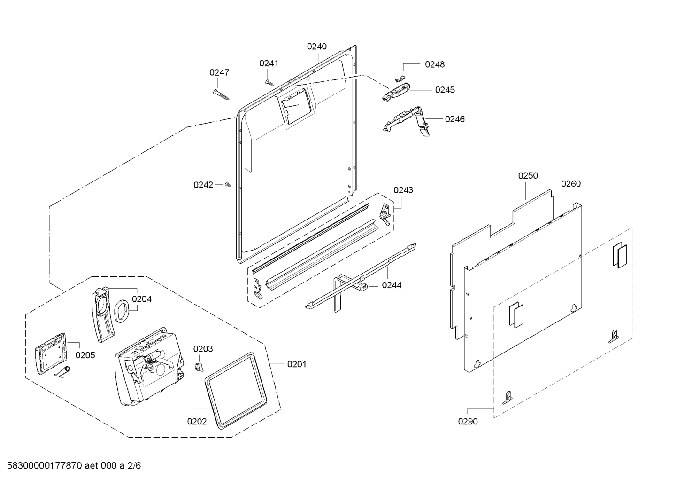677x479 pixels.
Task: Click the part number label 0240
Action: (x=317, y=46)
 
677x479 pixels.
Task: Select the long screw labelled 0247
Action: (x=222, y=94)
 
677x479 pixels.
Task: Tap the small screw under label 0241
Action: (x=269, y=82)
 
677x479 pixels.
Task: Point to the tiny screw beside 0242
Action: (x=228, y=185)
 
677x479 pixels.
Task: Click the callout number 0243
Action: (x=403, y=190)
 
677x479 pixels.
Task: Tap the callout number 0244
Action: (x=392, y=285)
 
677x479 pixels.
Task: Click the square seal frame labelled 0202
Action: (x=235, y=390)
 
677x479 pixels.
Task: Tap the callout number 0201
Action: (x=297, y=364)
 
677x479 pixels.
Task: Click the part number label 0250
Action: (x=528, y=175)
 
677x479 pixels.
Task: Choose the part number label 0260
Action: (x=571, y=183)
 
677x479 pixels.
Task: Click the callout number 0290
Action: (x=468, y=421)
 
